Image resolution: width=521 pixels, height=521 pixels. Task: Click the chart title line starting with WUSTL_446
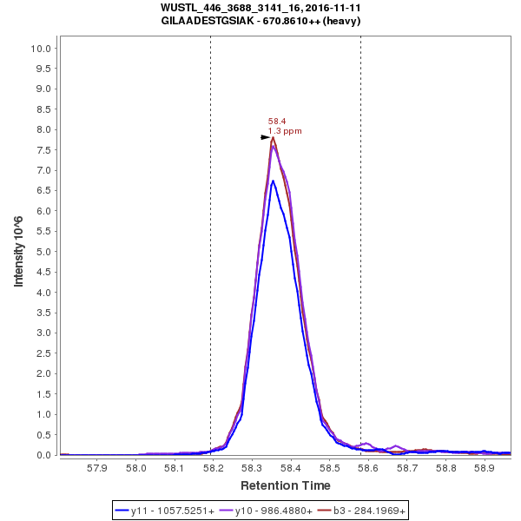click(x=260, y=7)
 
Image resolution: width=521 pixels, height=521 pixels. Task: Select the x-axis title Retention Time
click(x=285, y=485)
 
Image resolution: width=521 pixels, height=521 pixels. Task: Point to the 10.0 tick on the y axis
click(x=43, y=48)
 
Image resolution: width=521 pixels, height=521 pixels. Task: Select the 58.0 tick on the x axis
click(x=136, y=467)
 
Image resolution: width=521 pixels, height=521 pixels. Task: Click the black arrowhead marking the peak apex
click(x=267, y=137)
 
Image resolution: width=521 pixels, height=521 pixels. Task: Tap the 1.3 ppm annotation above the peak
click(x=285, y=131)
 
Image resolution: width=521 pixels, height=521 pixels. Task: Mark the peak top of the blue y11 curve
click(x=273, y=181)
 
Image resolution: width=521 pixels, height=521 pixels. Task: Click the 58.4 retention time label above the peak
click(x=277, y=122)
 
